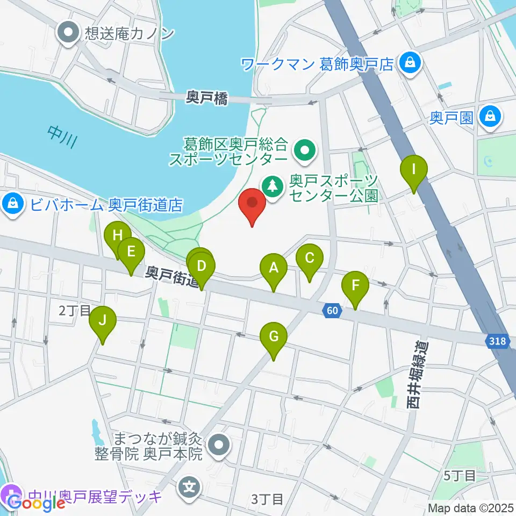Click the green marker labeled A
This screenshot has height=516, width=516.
coord(274,268)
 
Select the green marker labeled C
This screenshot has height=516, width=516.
coord(309,258)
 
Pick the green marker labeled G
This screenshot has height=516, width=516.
coord(274,337)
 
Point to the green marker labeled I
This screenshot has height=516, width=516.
coord(414,169)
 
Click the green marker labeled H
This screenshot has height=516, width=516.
coord(117,235)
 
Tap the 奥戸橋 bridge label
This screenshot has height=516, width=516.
coord(207,98)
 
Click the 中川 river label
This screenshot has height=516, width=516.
coord(62,137)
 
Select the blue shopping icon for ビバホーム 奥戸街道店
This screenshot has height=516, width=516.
coord(11,205)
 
